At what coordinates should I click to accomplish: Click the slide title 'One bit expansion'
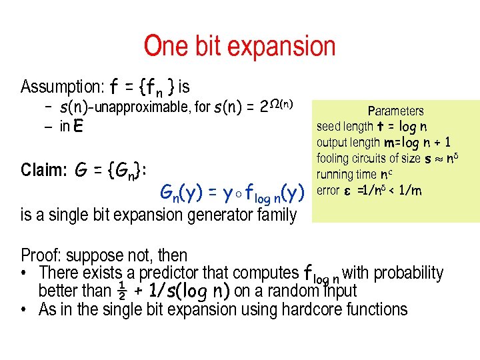(239, 47)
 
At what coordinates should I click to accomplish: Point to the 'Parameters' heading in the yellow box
(395, 111)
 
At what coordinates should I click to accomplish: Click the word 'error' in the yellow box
(328, 191)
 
